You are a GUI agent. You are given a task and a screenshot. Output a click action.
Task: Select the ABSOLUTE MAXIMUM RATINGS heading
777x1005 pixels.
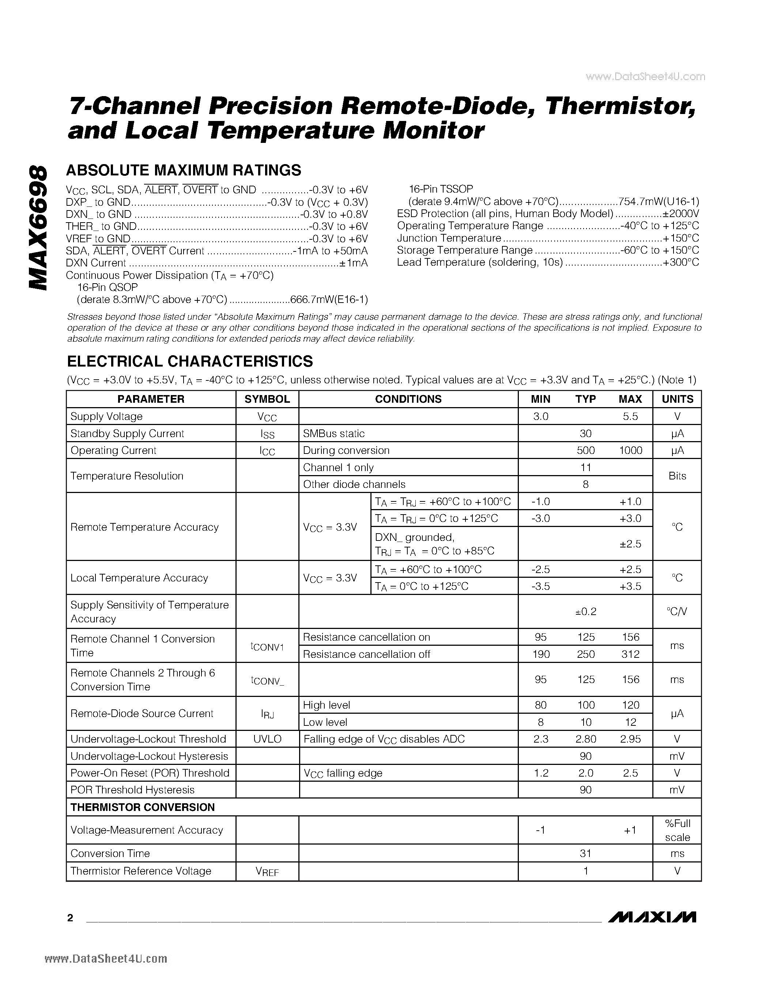coord(183,170)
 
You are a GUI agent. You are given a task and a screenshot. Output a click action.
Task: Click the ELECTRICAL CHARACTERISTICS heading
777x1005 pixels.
coord(190,361)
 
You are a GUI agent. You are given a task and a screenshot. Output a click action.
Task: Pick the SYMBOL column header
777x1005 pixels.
coord(267,399)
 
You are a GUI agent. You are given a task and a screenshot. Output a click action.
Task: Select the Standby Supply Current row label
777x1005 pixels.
coord(127,433)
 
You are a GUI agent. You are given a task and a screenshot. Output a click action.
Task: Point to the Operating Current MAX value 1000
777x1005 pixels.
coord(630,451)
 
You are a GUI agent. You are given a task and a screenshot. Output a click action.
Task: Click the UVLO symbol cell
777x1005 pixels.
coord(267,739)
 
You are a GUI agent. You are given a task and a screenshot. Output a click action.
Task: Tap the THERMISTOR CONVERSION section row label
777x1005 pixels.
coord(142,807)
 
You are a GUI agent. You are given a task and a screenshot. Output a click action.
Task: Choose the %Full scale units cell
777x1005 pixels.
coord(677,830)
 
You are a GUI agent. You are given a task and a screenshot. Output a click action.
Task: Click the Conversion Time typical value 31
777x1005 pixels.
coord(585,854)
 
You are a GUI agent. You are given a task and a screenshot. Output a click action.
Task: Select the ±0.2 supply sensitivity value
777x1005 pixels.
coord(585,611)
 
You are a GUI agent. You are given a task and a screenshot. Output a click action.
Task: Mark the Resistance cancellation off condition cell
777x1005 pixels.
coord(366,655)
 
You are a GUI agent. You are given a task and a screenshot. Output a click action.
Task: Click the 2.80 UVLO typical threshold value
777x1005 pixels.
coord(585,739)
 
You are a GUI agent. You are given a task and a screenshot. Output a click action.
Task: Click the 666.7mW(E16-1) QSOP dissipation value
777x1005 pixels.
coord(329,300)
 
